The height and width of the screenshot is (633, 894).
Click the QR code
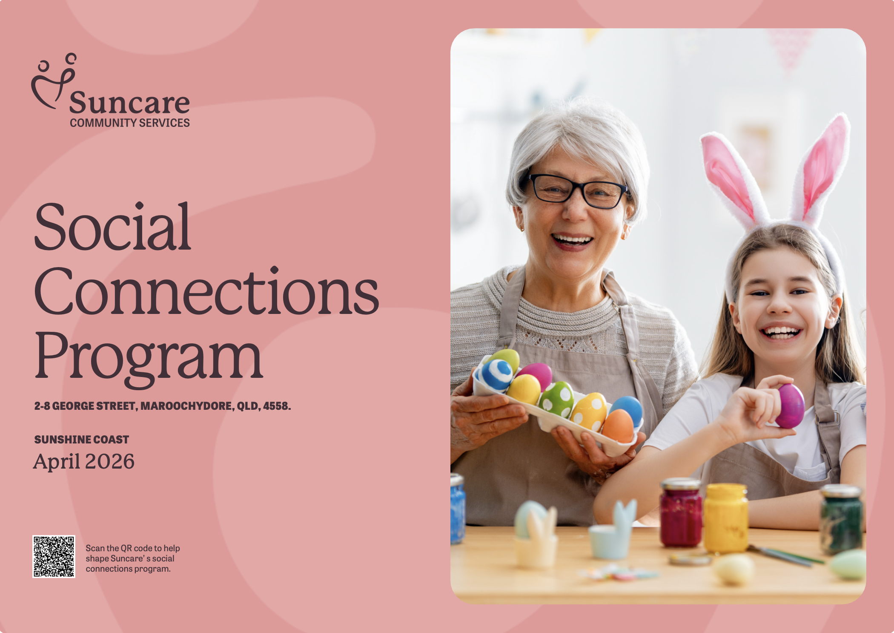click(x=54, y=556)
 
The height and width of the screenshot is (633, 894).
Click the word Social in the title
click(x=112, y=227)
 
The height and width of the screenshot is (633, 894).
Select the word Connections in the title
click(x=206, y=291)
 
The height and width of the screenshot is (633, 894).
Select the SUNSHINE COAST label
click(x=81, y=440)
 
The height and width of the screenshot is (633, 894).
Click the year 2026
click(x=110, y=462)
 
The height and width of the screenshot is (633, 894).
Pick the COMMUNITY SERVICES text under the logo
click(x=130, y=123)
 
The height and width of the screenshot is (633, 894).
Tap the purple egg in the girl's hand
click(x=790, y=406)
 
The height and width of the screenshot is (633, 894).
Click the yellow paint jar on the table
click(x=725, y=518)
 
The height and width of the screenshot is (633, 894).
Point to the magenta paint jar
click(x=681, y=512)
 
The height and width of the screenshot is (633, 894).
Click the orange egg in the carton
click(x=618, y=426)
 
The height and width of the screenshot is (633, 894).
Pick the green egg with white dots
click(x=556, y=399)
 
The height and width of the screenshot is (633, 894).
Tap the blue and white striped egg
click(x=496, y=374)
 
